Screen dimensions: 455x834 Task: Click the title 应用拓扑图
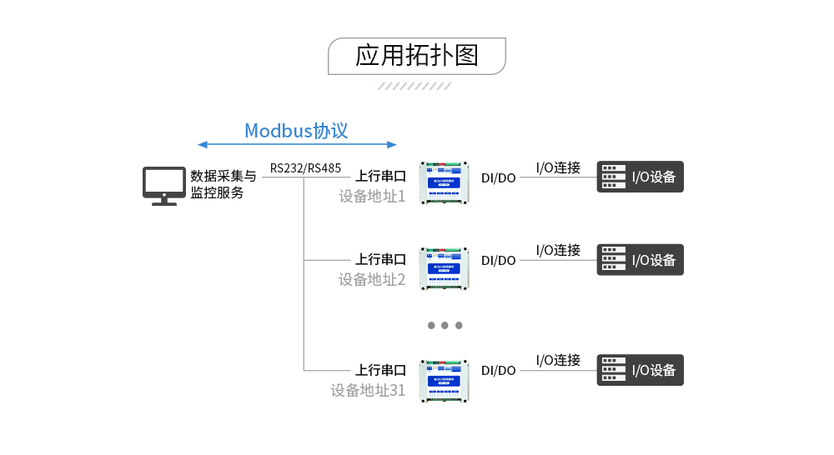pyautogui.click(x=416, y=56)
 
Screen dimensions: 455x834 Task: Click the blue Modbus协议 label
pyautogui.click(x=296, y=131)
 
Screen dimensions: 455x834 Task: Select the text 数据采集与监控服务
pyautogui.click(x=223, y=184)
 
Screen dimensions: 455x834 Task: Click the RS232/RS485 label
pyautogui.click(x=305, y=168)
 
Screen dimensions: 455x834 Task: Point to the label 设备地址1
pyautogui.click(x=371, y=197)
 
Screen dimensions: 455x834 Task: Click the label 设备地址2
pyautogui.click(x=371, y=280)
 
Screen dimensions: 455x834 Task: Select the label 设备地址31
pyautogui.click(x=368, y=390)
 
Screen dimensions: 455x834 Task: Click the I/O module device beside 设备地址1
pyautogui.click(x=445, y=183)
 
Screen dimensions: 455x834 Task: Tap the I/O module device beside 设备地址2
pyautogui.click(x=445, y=267)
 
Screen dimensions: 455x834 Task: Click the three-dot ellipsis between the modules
pyautogui.click(x=445, y=325)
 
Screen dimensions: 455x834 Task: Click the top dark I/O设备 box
pyautogui.click(x=640, y=177)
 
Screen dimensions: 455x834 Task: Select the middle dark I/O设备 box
pyautogui.click(x=640, y=260)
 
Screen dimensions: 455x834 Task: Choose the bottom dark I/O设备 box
pyautogui.click(x=640, y=370)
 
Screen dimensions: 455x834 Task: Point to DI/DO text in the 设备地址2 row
pyautogui.click(x=499, y=261)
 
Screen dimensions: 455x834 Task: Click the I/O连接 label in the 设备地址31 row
pyautogui.click(x=558, y=360)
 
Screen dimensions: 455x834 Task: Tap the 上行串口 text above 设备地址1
pyautogui.click(x=380, y=177)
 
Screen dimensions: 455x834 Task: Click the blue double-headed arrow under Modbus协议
pyautogui.click(x=298, y=145)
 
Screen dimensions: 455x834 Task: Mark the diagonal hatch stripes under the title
pyautogui.click(x=414, y=86)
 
